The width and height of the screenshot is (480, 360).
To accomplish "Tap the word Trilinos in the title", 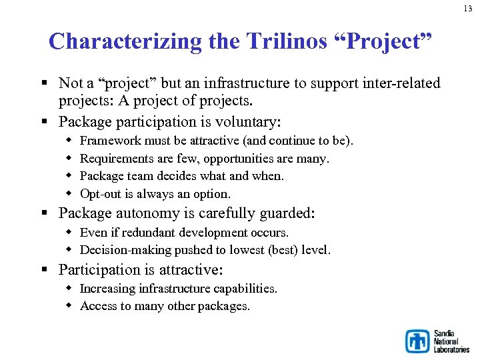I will pyautogui.click(x=285, y=41).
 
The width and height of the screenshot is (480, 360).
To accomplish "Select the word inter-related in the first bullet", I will pyautogui.click(x=401, y=83).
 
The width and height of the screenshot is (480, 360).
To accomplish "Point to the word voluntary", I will pyautogui.click(x=248, y=122).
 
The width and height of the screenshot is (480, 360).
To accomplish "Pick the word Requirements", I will pyautogui.click(x=120, y=159).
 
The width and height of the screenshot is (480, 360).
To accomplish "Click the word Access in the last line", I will pyautogui.click(x=98, y=306).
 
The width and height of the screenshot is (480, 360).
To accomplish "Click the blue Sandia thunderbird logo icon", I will pyautogui.click(x=418, y=341).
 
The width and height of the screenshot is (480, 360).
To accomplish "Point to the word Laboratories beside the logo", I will pyautogui.click(x=451, y=349).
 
